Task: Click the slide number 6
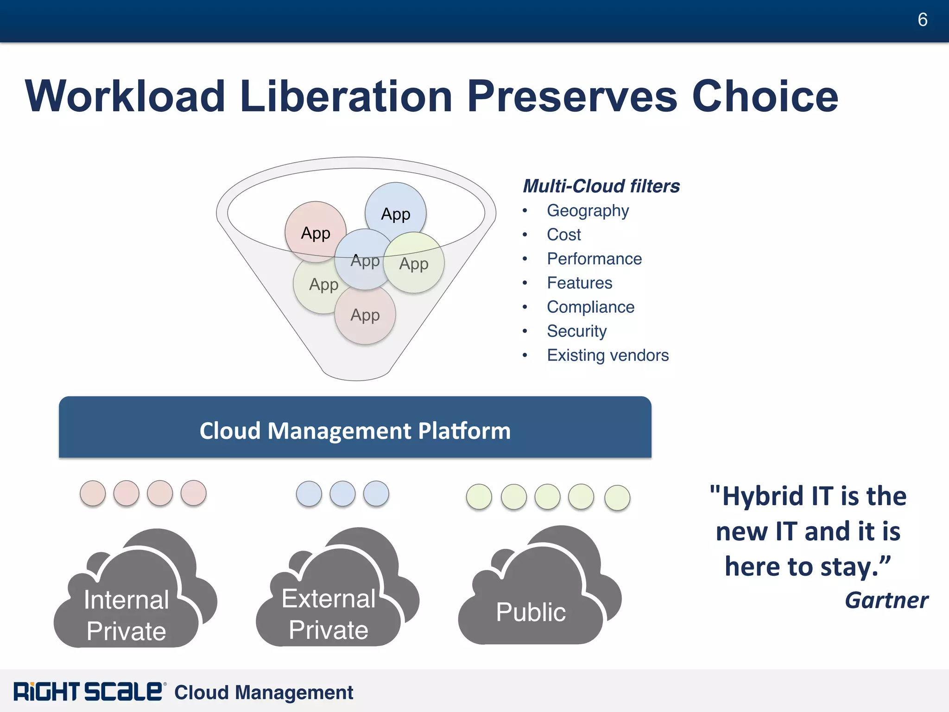[922, 20]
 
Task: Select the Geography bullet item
[588, 211]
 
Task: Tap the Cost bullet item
[563, 235]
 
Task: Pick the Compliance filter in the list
[590, 307]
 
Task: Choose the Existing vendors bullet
[607, 356]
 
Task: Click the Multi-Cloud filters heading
[601, 186]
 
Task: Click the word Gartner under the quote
[886, 600]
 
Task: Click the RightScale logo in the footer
[88, 692]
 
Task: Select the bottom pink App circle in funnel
[365, 316]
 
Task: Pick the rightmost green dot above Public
[617, 498]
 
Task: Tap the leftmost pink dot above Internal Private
[93, 493]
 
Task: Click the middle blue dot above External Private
[342, 494]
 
